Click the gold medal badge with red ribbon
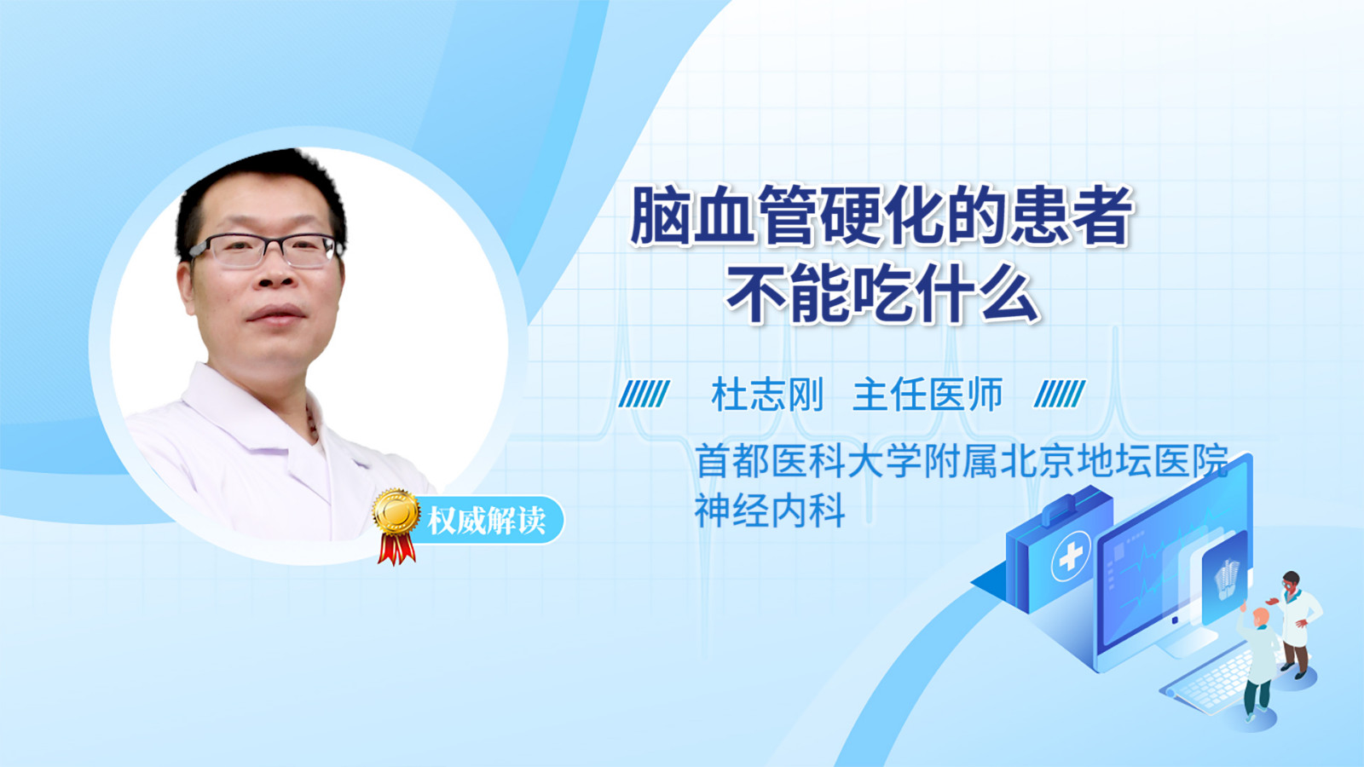(x=396, y=526)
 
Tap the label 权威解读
(x=486, y=521)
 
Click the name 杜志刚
(x=767, y=395)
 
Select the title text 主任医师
(x=928, y=395)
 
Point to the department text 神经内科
(x=770, y=510)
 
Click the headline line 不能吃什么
(x=882, y=293)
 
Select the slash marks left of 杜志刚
(x=644, y=394)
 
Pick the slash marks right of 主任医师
(x=1060, y=394)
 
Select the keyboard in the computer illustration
(x=1209, y=682)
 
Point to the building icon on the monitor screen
(x=1226, y=579)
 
